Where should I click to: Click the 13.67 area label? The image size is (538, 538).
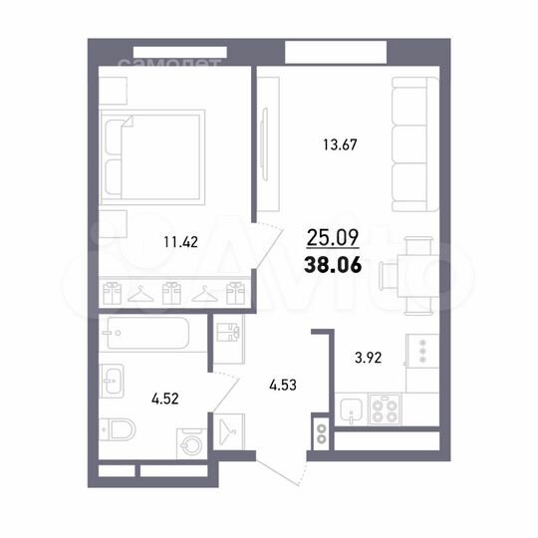click(x=340, y=144)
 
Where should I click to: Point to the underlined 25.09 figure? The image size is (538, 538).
click(x=333, y=238)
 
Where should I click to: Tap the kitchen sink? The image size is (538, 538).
click(x=349, y=408)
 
